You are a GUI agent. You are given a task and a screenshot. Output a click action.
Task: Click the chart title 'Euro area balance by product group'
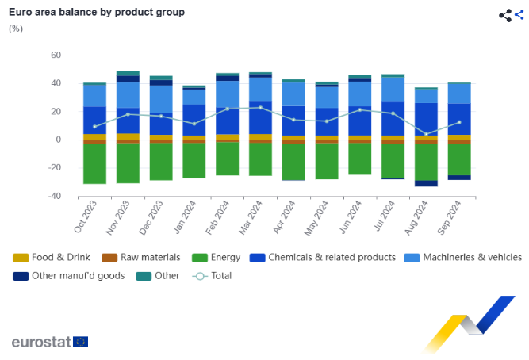click(96, 13)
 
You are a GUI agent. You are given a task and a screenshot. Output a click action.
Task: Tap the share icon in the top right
click(505, 15)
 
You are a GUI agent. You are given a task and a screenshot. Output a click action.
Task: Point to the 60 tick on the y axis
click(56, 56)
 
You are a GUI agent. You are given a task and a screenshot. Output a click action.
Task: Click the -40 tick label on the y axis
click(53, 196)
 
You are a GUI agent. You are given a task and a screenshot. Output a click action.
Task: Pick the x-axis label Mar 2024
click(253, 216)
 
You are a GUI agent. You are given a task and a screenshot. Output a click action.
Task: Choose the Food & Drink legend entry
click(53, 257)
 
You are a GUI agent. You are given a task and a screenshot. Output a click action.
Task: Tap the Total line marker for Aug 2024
click(426, 134)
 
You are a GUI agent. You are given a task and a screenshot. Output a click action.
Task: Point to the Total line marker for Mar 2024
click(260, 108)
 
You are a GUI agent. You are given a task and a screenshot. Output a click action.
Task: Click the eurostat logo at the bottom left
click(49, 342)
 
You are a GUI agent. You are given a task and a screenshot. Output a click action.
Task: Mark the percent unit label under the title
click(16, 29)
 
